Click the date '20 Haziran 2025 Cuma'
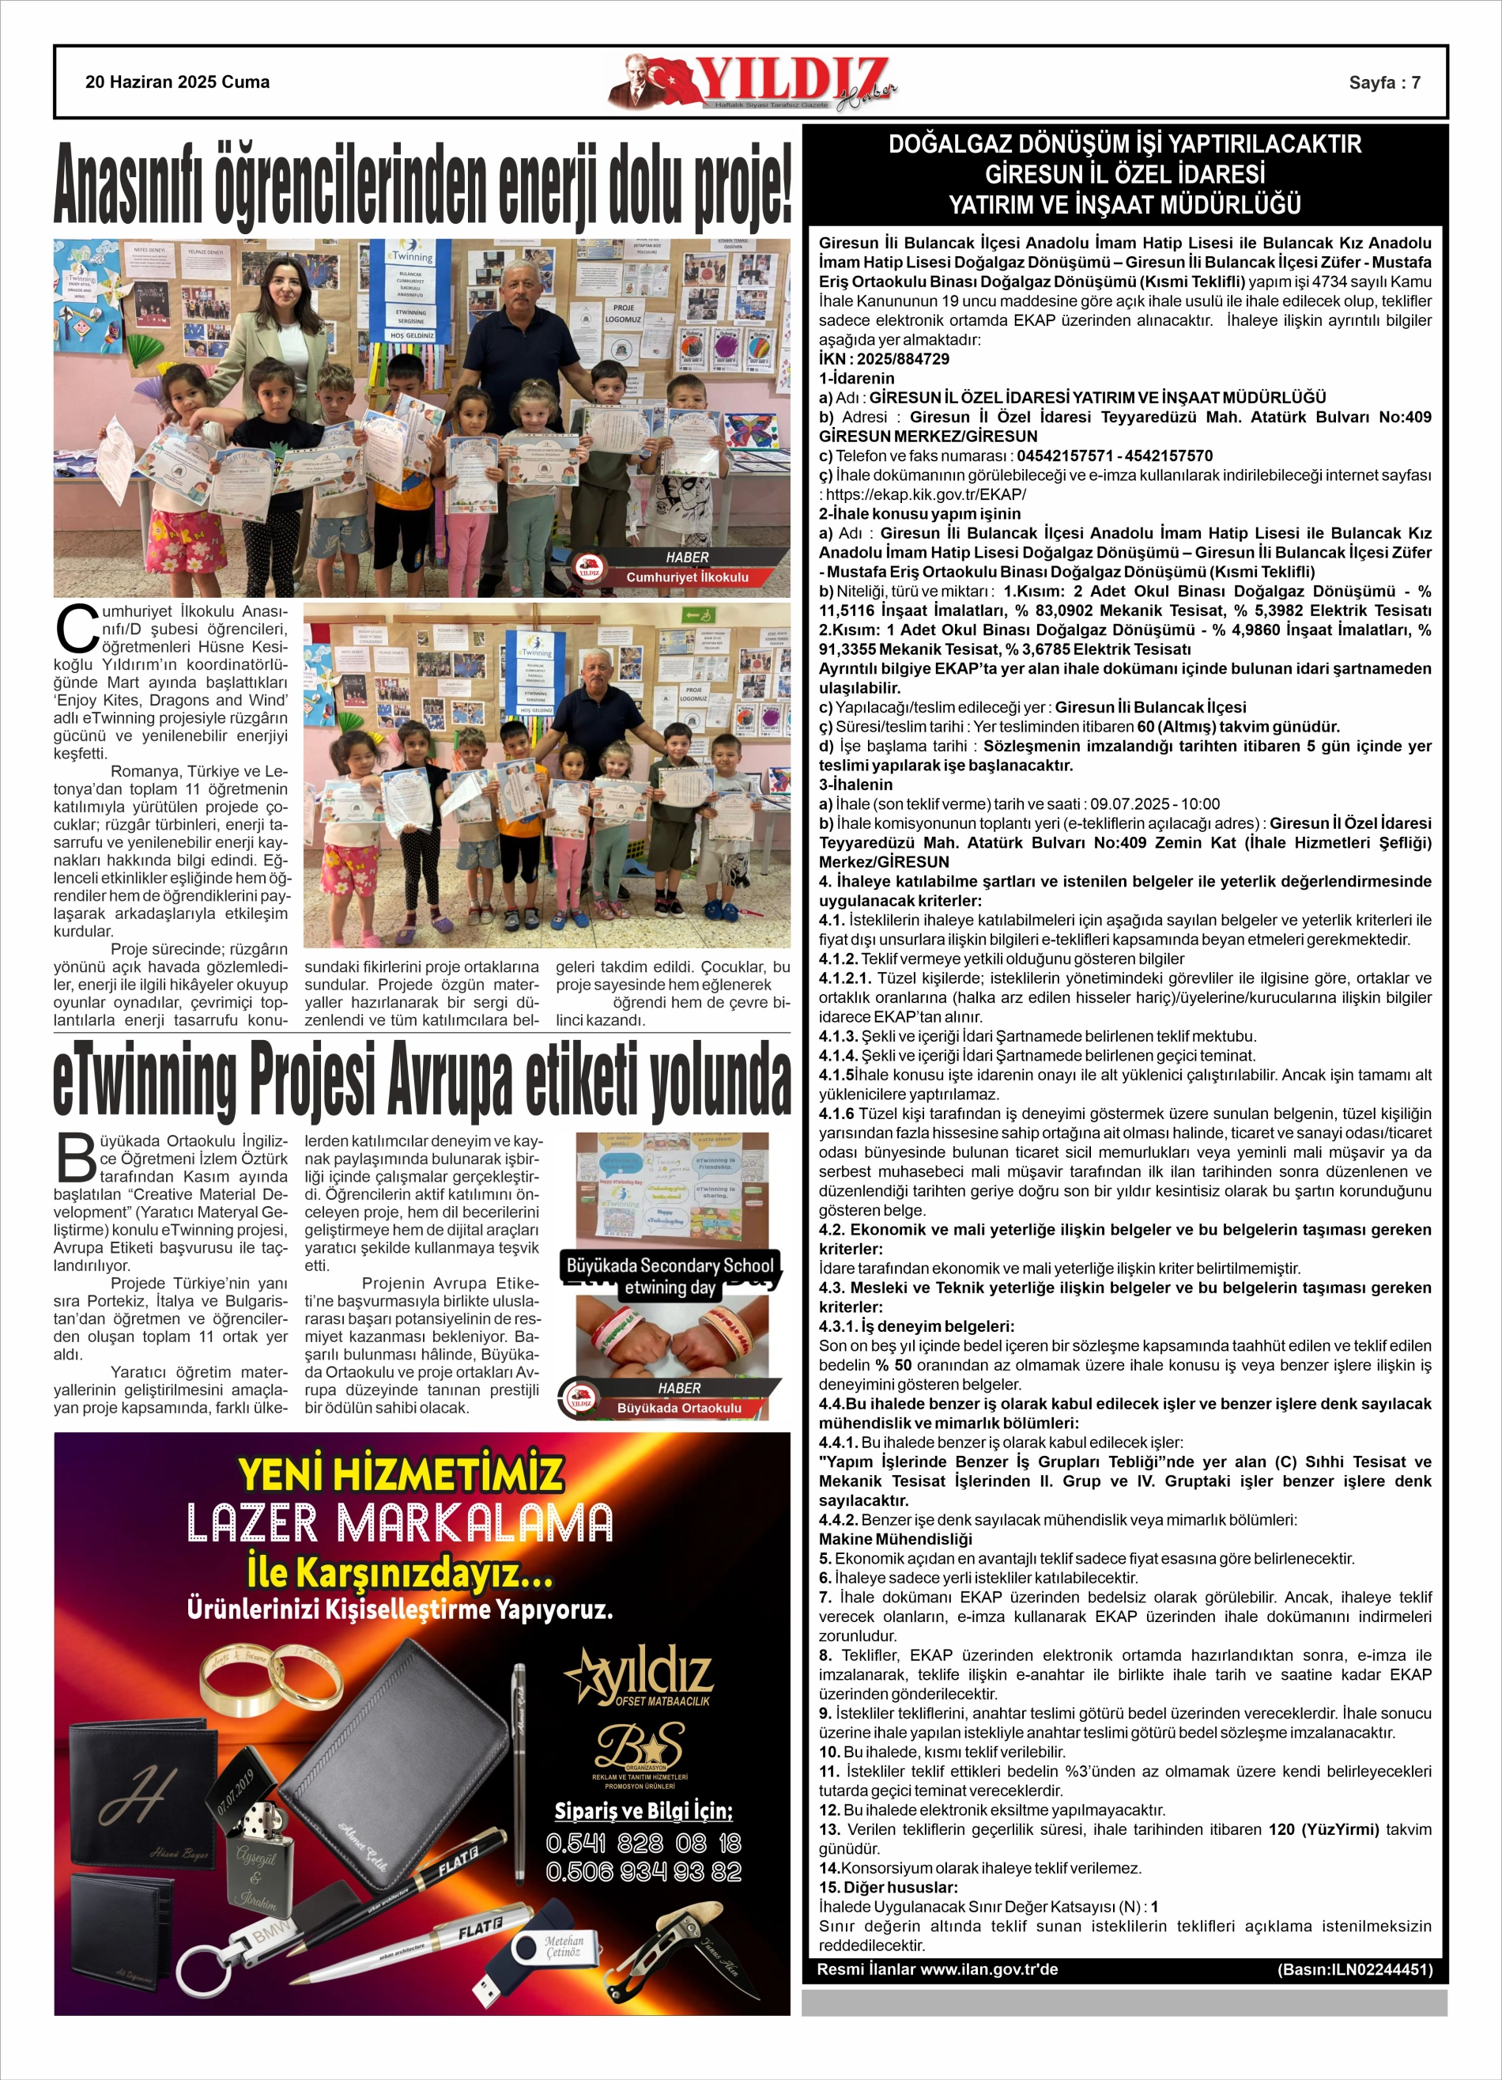point(177,81)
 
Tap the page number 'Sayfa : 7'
point(1383,82)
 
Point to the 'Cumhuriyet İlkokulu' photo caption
point(687,577)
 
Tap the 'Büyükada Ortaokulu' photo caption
point(678,1408)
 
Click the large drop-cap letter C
point(76,629)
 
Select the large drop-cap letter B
point(76,1159)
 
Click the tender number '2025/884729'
point(904,358)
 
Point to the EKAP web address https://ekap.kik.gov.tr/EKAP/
point(926,494)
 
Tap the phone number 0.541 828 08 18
point(643,1844)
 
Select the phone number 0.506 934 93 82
point(643,1872)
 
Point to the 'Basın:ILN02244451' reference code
point(1354,1969)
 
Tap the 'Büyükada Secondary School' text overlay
point(670,1265)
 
